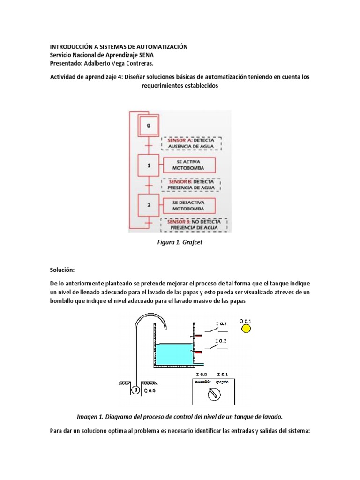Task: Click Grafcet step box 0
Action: click(149, 125)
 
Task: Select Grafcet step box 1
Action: click(149, 165)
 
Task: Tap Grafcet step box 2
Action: click(149, 205)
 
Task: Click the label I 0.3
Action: click(221, 323)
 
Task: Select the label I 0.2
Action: click(221, 341)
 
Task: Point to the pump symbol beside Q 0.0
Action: click(135, 389)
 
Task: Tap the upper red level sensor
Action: click(198, 336)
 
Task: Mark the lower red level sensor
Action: click(198, 352)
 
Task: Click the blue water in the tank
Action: click(173, 354)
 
